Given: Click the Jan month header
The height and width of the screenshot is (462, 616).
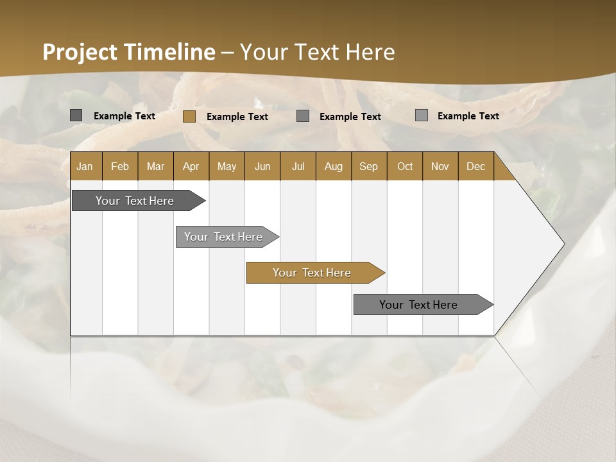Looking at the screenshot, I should [x=85, y=166].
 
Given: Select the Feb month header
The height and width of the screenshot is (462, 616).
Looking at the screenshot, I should [x=120, y=166].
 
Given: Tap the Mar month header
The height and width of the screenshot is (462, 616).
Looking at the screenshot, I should [x=155, y=166].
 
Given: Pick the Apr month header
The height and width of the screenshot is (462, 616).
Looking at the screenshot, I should [x=191, y=166].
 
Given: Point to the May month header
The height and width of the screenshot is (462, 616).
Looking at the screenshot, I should [x=227, y=166].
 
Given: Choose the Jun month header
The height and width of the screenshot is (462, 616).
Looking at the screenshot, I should [x=262, y=166].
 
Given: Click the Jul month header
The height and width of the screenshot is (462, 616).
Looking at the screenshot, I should [x=298, y=166].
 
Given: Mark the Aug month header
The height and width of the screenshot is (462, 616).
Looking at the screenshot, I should [x=333, y=166].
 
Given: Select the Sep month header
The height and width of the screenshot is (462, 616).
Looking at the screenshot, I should [x=368, y=166].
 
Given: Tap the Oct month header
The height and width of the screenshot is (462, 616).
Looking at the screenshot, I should [x=405, y=166].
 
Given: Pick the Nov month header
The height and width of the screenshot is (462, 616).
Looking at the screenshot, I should [x=440, y=166].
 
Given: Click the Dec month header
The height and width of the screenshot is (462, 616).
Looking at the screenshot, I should [x=475, y=166].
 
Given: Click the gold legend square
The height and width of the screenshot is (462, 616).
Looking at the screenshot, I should [x=189, y=116].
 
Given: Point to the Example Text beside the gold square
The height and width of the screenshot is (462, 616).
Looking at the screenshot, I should [x=237, y=117].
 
